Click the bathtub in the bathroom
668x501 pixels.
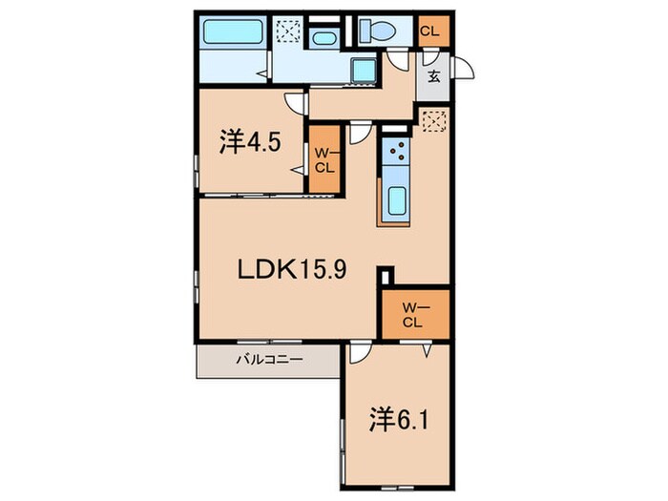pos(233,31)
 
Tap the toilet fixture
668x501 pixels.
pos(377,31)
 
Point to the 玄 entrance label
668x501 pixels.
pos(433,76)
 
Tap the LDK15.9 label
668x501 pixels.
pos(292,270)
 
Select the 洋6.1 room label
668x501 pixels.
pos(398,420)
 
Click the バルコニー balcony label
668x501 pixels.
pos(269,360)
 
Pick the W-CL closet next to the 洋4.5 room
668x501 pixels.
pos(324,158)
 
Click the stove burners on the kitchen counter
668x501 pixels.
pos(396,151)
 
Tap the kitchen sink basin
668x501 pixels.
pos(397,200)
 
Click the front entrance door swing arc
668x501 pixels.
pos(466,68)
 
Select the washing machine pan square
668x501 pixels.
pos(364,71)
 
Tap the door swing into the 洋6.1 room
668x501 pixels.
pos(361,354)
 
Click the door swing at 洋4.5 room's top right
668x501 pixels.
pos(296,103)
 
